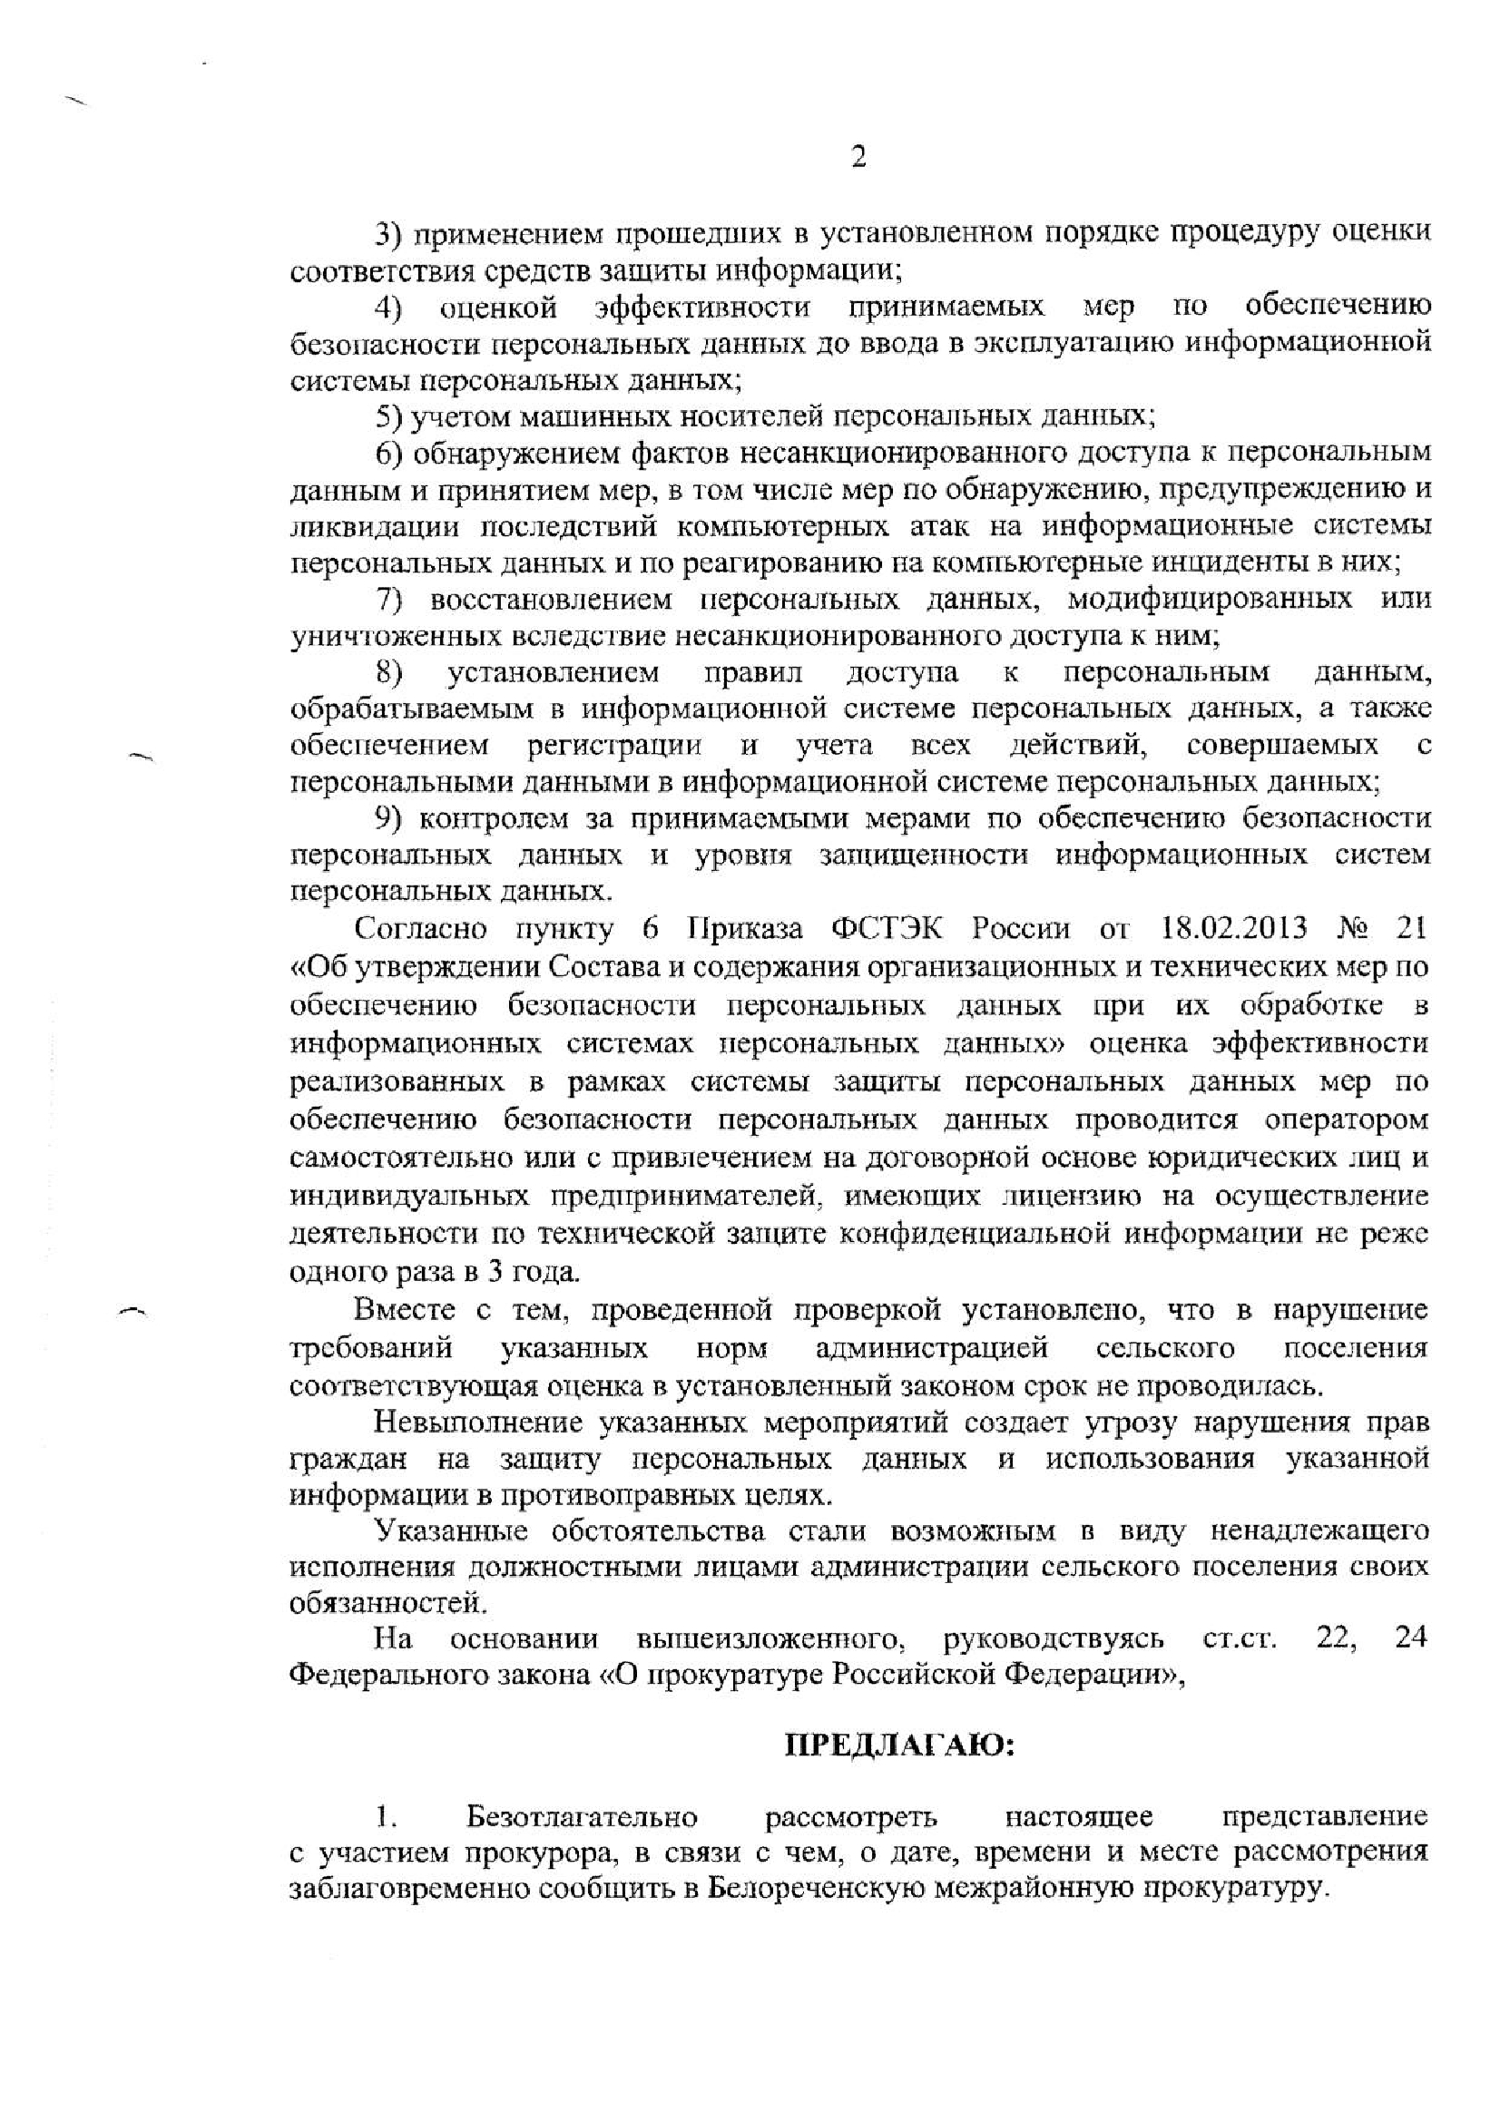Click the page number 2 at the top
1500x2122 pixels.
tap(858, 159)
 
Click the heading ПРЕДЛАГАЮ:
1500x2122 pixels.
tap(900, 1746)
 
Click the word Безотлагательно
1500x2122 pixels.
tap(582, 1816)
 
